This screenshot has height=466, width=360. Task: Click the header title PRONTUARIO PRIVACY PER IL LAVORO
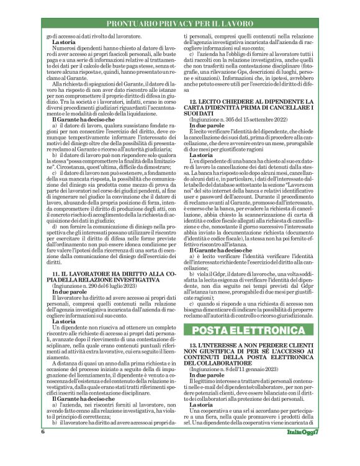point(180,24)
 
